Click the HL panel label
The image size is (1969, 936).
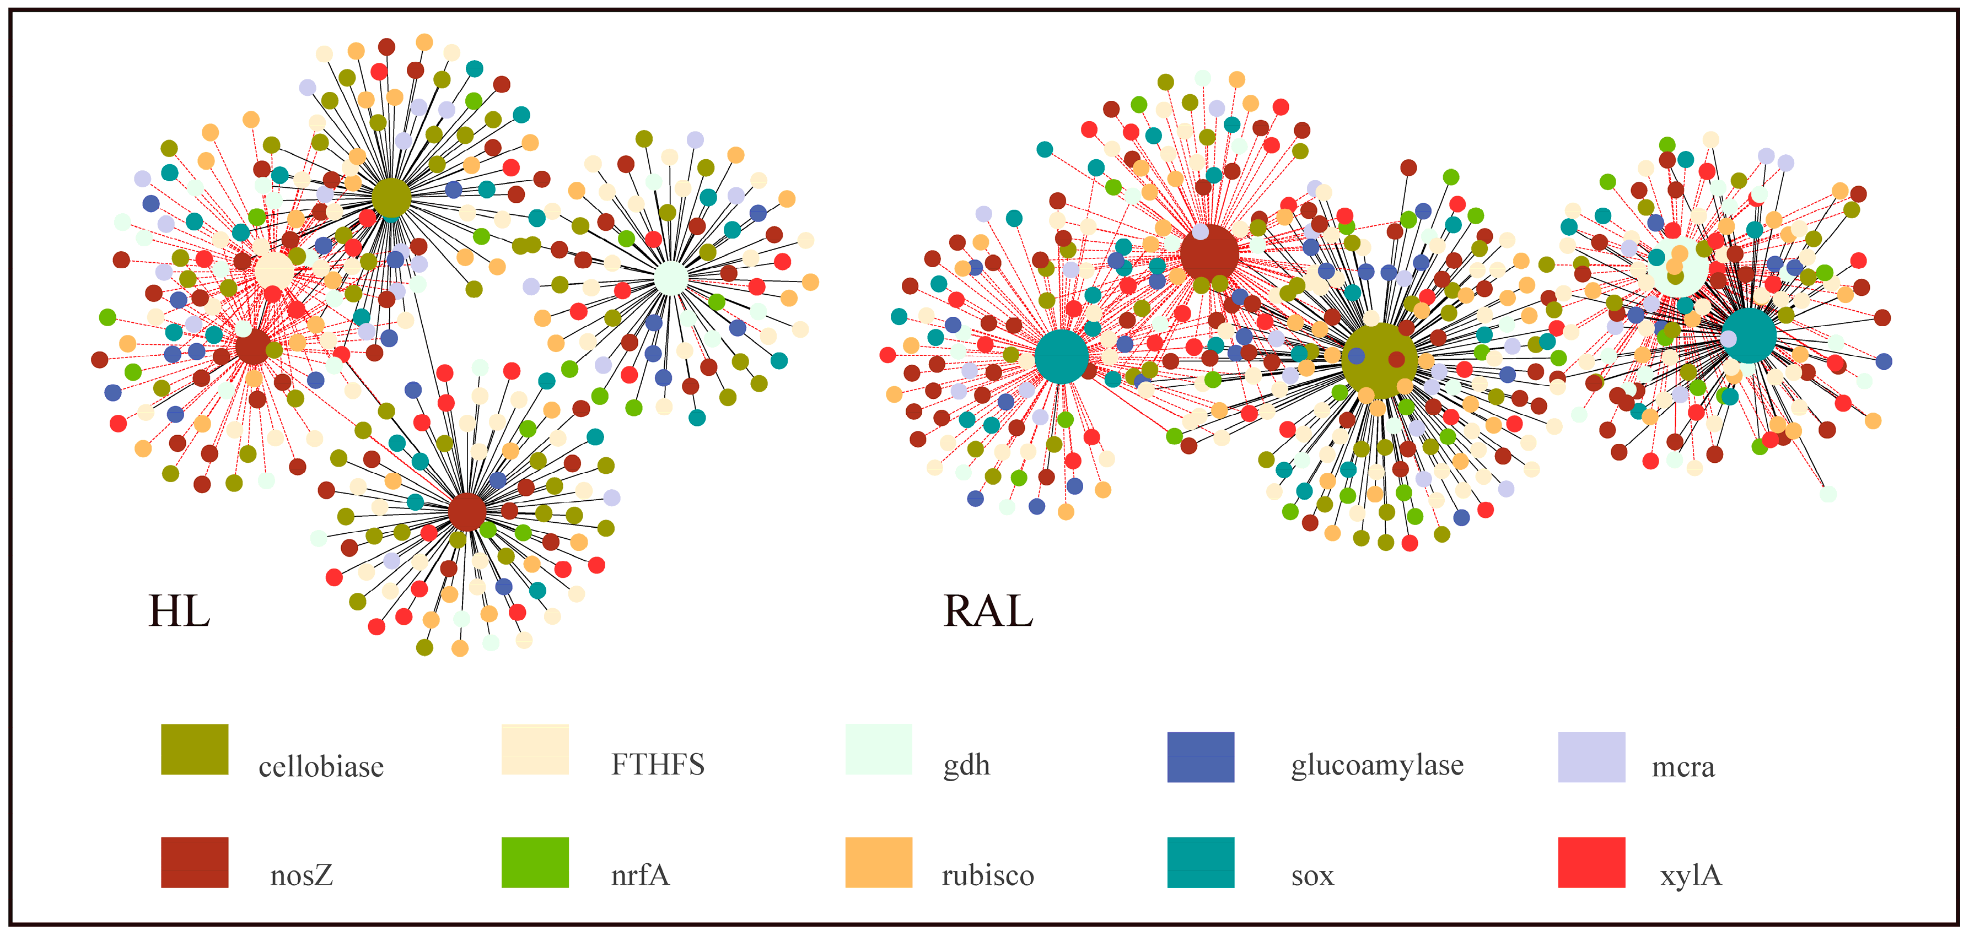pyautogui.click(x=179, y=612)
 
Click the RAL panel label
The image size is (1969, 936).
pyautogui.click(x=988, y=612)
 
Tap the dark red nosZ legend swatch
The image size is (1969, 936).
pyautogui.click(x=194, y=862)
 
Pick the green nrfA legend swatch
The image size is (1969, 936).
pyautogui.click(x=534, y=862)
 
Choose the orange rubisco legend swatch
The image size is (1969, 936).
pyautogui.click(x=878, y=862)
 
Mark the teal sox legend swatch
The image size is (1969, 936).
pyautogui.click(x=1200, y=862)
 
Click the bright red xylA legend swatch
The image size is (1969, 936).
pyautogui.click(x=1591, y=862)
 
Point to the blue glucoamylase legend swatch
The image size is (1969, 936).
pyautogui.click(x=1200, y=756)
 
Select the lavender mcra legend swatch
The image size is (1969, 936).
pyautogui.click(x=1591, y=756)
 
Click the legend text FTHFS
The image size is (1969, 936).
pyautogui.click(x=658, y=764)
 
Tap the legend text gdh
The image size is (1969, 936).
pyautogui.click(x=966, y=765)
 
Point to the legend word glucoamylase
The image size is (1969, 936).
pyautogui.click(x=1376, y=765)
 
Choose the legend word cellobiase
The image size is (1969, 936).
pyautogui.click(x=321, y=766)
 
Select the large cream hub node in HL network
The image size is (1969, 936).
pyautogui.click(x=273, y=271)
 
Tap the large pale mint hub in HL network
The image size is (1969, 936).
pyautogui.click(x=671, y=279)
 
